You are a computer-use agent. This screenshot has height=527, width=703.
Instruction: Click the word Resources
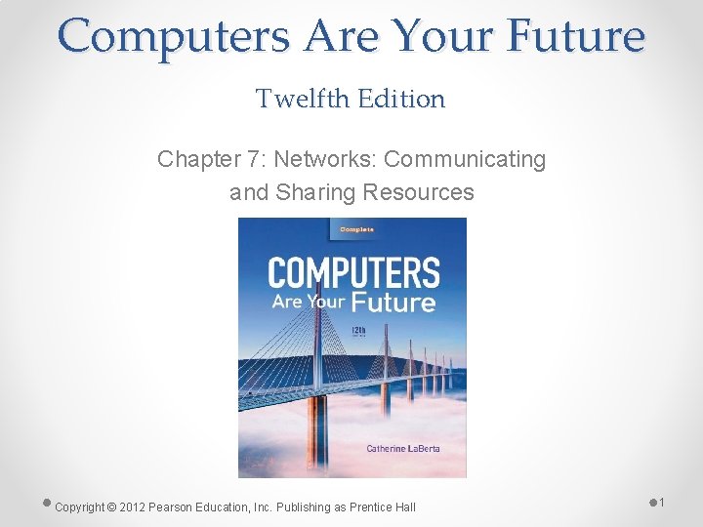coord(418,192)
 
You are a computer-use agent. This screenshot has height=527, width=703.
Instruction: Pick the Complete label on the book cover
coord(357,230)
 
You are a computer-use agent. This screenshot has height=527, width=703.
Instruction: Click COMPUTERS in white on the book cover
coord(353,271)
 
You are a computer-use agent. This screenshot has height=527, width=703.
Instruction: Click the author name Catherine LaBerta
coord(406,448)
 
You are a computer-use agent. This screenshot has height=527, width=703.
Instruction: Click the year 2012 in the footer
coord(133,507)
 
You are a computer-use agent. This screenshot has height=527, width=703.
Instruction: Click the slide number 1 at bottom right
coord(661,502)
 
